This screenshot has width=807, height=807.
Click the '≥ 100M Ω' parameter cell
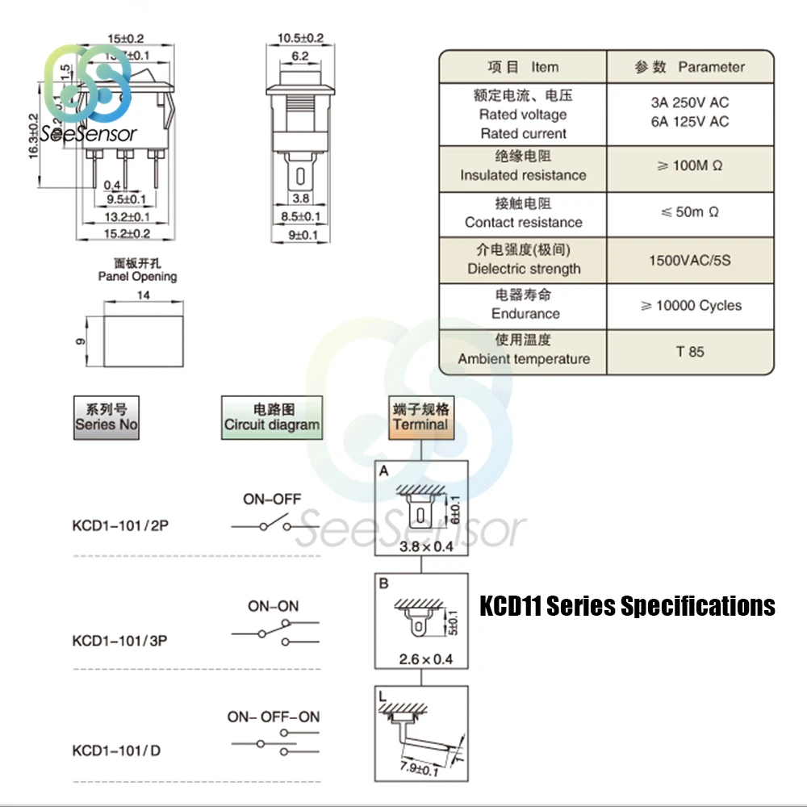[689, 166]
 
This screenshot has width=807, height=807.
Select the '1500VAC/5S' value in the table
[689, 261]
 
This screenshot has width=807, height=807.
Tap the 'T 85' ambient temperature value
[690, 352]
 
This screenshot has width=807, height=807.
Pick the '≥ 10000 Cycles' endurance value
[690, 306]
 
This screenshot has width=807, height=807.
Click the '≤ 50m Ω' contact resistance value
[689, 212]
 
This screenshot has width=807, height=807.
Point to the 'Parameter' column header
[691, 67]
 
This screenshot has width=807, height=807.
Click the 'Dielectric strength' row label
[524, 269]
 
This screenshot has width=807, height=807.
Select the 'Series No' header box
[107, 417]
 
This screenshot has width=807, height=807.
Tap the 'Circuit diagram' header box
[272, 417]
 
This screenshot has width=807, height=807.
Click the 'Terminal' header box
[420, 417]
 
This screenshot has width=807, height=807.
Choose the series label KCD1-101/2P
[120, 525]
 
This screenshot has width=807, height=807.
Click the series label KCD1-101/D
[116, 751]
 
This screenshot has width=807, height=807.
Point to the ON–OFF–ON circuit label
[273, 717]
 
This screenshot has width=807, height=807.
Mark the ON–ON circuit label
[273, 606]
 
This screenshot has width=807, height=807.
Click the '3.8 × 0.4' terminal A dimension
[426, 546]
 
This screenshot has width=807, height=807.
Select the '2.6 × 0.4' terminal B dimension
[426, 659]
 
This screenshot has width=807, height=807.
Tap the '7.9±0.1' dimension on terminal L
[420, 769]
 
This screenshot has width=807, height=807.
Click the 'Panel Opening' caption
[137, 276]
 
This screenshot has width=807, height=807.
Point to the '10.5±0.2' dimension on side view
[300, 38]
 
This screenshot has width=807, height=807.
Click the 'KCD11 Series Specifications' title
[627, 606]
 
